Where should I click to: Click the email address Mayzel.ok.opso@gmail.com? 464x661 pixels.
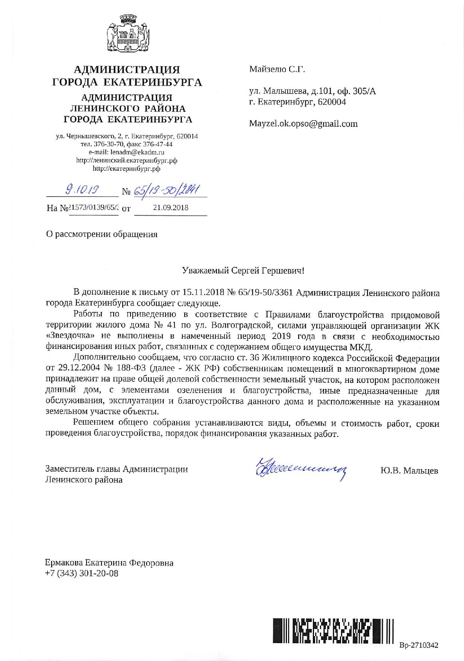303,124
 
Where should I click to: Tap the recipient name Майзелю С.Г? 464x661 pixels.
277,69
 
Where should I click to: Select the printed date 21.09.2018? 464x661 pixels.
171,207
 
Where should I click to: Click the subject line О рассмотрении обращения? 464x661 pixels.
102,234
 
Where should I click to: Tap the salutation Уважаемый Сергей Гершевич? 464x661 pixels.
243,271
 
